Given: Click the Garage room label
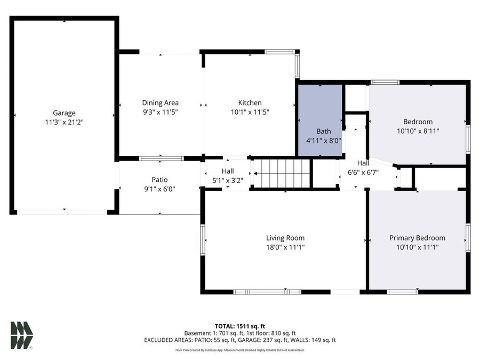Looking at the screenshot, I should point(64,113).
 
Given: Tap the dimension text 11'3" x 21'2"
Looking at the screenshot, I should point(64,122).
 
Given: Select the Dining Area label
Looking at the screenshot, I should point(160,103).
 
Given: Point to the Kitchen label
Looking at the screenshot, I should point(250,103).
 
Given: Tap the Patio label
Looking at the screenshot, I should point(159,180).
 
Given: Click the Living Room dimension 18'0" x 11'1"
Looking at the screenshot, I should point(285,247).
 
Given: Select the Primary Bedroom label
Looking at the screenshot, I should point(417,238).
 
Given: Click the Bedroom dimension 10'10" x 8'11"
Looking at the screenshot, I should point(418,131).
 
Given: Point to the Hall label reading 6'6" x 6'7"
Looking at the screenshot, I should point(363,163).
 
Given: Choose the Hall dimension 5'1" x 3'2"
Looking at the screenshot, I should point(228,180).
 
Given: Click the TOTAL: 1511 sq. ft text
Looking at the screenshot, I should point(239,325).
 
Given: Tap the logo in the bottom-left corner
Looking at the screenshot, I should point(22,335).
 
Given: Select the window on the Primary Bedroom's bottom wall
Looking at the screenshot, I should point(402,292).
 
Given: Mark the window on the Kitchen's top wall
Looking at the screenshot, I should point(280,52).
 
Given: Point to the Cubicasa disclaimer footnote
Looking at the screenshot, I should point(239,350).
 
